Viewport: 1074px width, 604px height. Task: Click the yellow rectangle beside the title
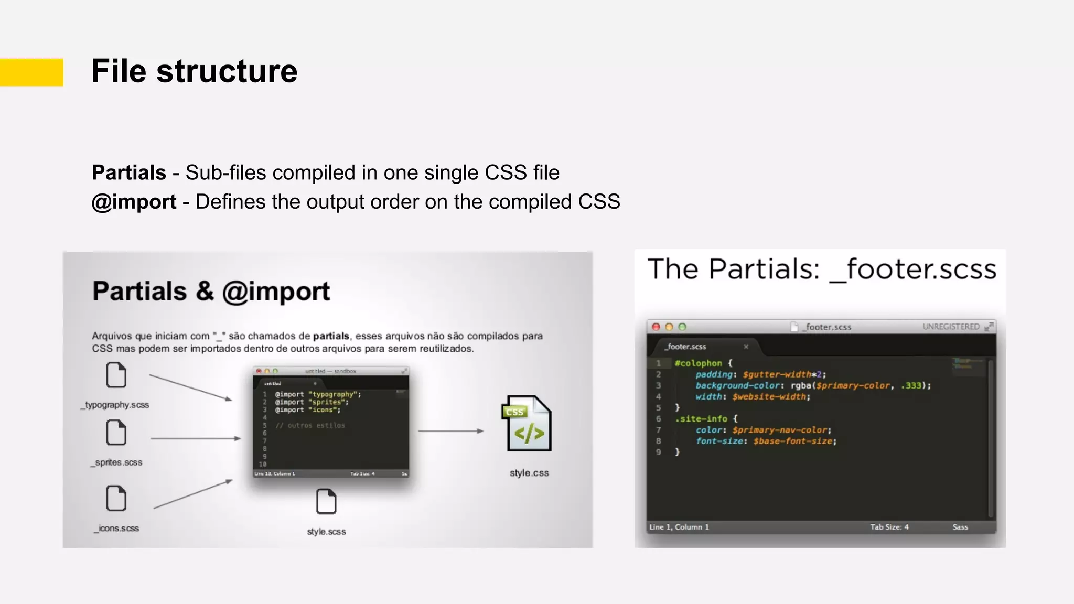(31, 72)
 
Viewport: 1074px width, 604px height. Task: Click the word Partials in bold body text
(129, 172)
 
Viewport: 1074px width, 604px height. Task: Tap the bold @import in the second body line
(134, 202)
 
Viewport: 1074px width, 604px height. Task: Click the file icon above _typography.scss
(116, 375)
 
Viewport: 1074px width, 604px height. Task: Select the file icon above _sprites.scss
(116, 433)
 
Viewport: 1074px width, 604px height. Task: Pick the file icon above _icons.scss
(116, 498)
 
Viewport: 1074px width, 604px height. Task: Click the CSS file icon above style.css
(528, 424)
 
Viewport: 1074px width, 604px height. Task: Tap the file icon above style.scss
(326, 501)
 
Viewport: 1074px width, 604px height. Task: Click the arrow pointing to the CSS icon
(451, 431)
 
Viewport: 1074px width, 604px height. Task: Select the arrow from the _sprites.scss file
(195, 438)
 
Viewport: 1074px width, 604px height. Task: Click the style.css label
(529, 473)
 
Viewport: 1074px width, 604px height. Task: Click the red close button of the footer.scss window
(656, 327)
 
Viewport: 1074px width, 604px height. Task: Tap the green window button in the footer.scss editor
(682, 327)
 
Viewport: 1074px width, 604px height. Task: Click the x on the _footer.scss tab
(746, 347)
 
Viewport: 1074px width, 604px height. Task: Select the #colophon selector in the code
(698, 363)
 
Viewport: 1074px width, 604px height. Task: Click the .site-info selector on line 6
(701, 418)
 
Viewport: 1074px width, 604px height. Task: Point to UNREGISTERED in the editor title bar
(951, 327)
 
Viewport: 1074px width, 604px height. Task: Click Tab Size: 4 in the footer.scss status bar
(889, 527)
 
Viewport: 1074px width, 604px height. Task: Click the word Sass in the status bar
(960, 527)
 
